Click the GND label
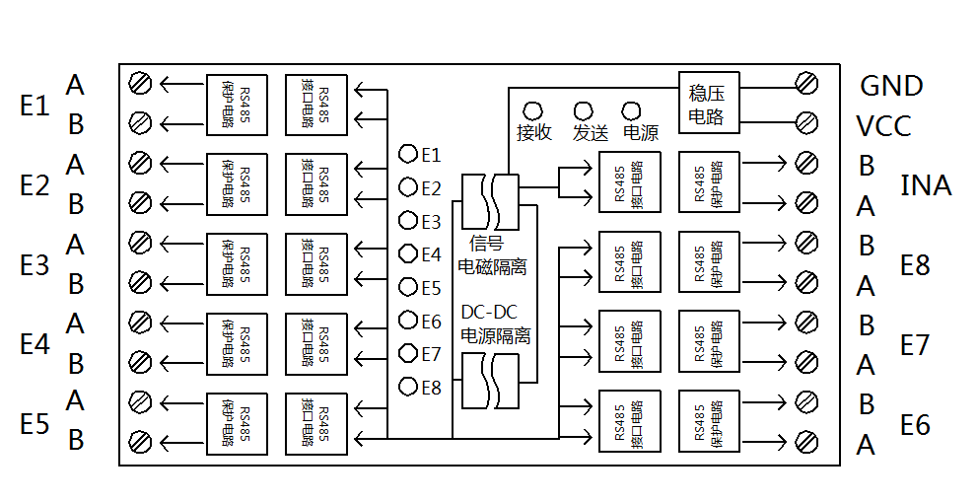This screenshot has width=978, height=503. tap(890, 86)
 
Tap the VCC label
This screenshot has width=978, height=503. tap(883, 126)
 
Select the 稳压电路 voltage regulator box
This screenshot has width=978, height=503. tap(709, 103)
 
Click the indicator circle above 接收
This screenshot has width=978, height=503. tap(532, 111)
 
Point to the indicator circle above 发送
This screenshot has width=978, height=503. tap(584, 111)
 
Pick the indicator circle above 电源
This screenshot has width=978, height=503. tap(632, 111)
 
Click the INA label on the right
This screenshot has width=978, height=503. tap(926, 185)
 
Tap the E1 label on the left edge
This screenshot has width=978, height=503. tap(35, 106)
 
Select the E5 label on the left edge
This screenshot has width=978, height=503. tap(35, 424)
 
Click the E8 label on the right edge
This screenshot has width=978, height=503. tap(915, 265)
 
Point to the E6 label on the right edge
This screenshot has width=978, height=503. tap(915, 425)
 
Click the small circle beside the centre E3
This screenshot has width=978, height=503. tap(408, 220)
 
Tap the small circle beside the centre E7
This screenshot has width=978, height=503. tap(408, 353)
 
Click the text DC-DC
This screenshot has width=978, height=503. tap(490, 312)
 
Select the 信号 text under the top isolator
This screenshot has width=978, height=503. tap(486, 243)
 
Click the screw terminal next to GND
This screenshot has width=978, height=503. tap(806, 83)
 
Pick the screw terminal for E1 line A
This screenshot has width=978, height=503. tap(140, 83)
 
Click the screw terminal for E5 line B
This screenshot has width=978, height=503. tap(140, 441)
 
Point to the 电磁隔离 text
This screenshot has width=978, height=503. tap(492, 267)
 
